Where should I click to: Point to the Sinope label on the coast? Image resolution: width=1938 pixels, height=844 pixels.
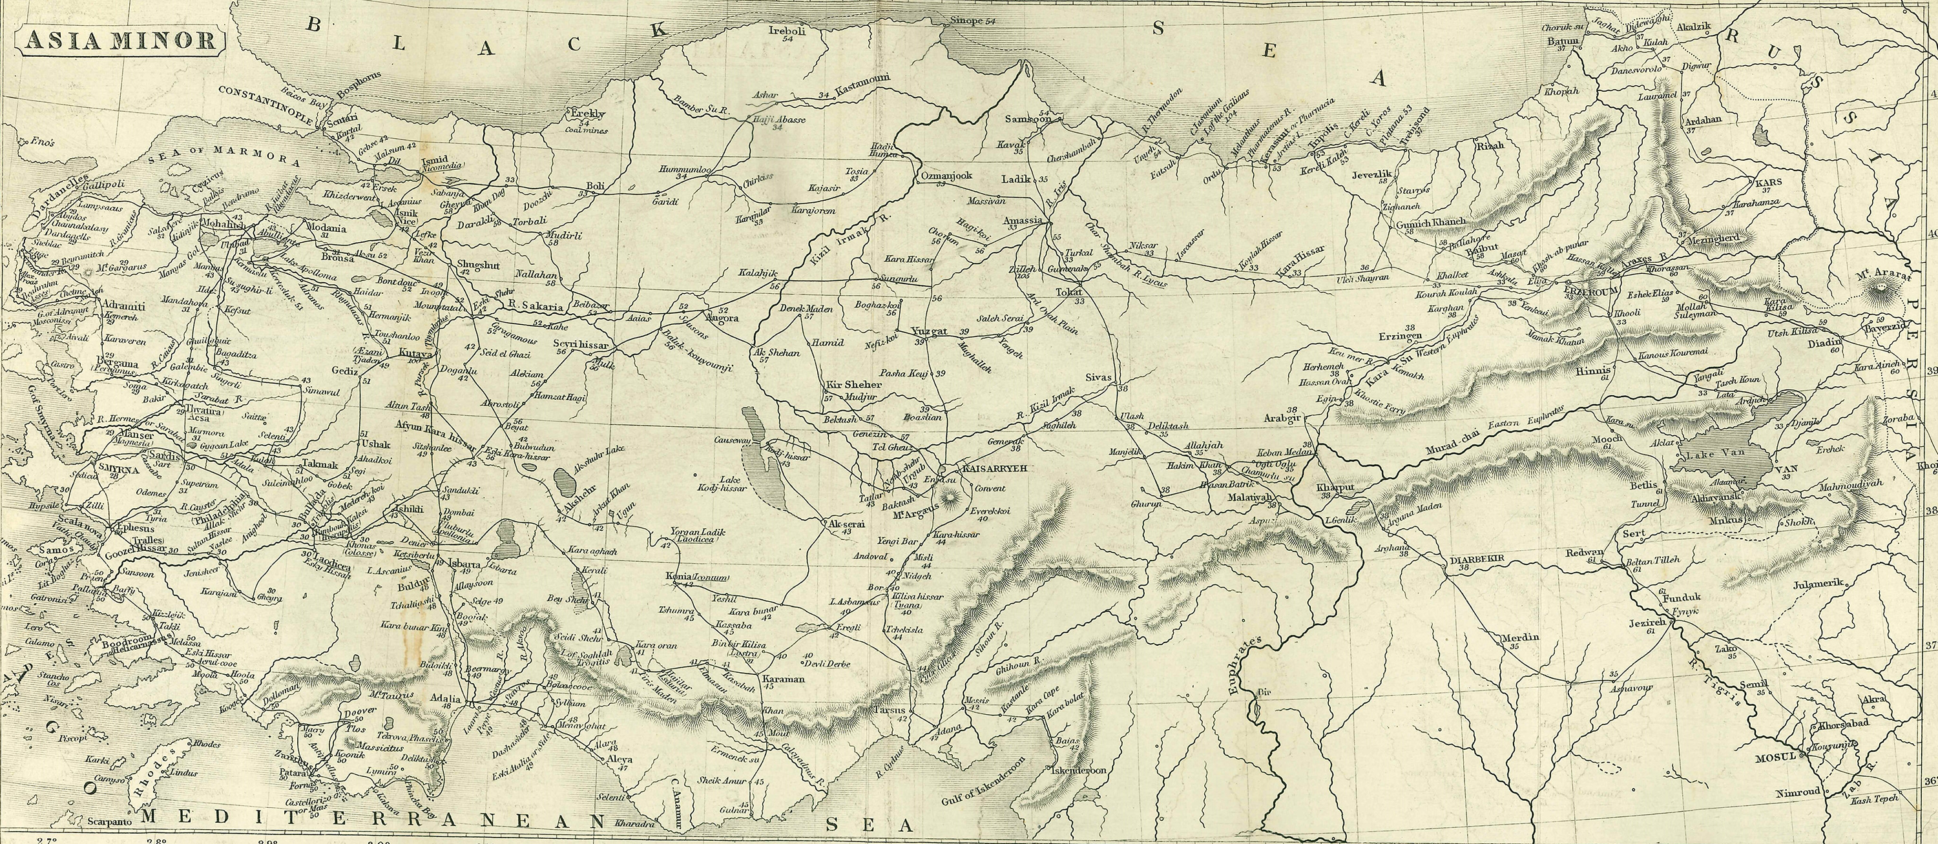965,20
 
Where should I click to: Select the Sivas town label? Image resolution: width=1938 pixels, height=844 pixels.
1098,378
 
